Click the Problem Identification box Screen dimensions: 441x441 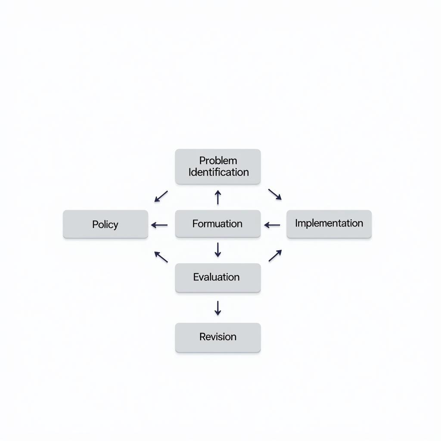(217, 167)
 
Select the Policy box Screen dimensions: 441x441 (106, 224)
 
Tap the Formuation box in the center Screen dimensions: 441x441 (217, 224)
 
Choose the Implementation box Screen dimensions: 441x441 (329, 224)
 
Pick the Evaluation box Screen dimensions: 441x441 (217, 278)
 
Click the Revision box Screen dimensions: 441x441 (217, 337)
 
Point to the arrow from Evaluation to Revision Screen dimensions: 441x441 (218, 308)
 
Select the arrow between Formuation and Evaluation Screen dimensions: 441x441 (218, 250)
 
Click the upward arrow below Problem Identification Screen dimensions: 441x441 (218, 197)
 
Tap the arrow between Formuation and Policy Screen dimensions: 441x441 (159, 225)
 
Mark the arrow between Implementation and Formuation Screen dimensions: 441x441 (272, 225)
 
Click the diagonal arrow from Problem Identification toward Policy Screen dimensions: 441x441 (161, 196)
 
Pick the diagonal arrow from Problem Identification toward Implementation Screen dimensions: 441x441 (275, 194)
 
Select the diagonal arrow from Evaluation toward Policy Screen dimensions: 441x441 (161, 257)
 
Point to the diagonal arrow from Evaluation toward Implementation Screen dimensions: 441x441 (275, 255)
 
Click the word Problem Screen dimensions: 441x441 (218, 161)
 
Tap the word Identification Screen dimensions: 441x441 (219, 172)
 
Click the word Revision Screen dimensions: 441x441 (218, 337)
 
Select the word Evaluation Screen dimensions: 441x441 (216, 277)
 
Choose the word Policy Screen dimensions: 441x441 (105, 224)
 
